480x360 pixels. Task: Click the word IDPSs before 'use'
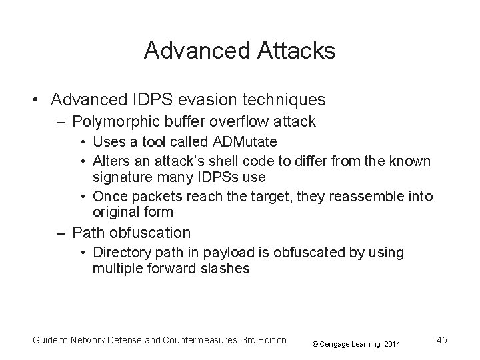point(219,177)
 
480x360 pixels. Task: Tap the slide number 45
point(441,340)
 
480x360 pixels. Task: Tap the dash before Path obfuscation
point(61,233)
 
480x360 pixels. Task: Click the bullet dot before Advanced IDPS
point(33,100)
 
